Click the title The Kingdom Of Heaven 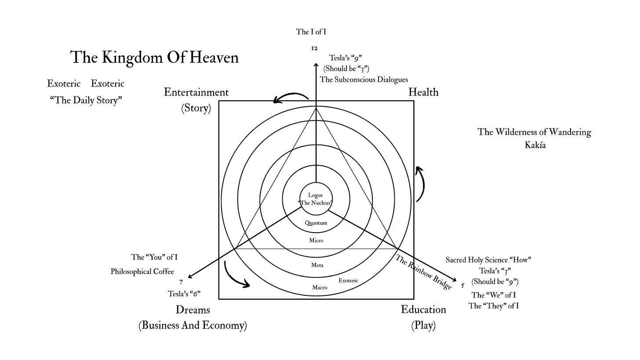[154, 58]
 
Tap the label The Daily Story [86, 100]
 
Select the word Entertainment [196, 92]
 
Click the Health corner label [423, 92]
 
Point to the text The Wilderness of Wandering [534, 132]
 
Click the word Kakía [535, 145]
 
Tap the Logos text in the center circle [315, 195]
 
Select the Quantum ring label [316, 223]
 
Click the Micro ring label [316, 240]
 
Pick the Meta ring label [317, 265]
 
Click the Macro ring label [320, 287]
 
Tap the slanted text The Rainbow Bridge [423, 272]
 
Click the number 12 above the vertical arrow [314, 48]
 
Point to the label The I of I [311, 32]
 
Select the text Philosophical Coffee [142, 272]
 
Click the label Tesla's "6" [184, 294]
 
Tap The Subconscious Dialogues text [364, 80]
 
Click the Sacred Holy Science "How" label [488, 260]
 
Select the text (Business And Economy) [193, 326]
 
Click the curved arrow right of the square [420, 184]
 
